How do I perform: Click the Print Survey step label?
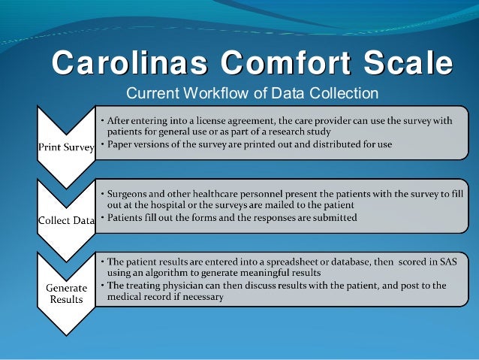(x=66, y=147)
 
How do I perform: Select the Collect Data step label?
(x=66, y=220)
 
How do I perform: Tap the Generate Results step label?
(x=66, y=294)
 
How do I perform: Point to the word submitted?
(x=333, y=218)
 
